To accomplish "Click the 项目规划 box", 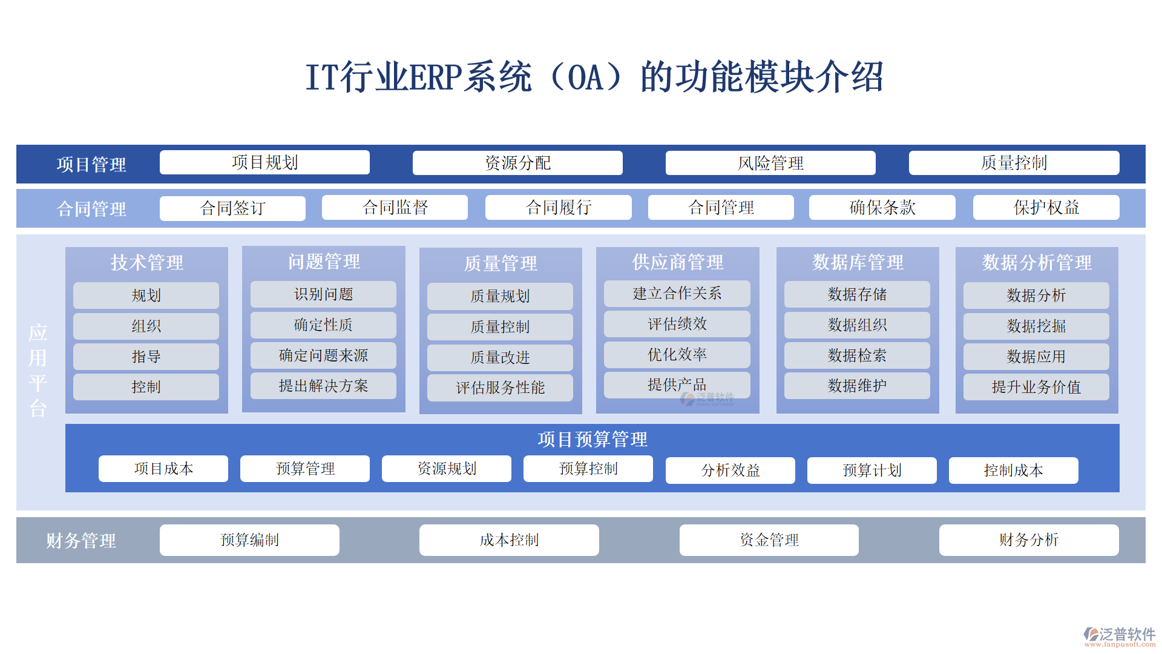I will (x=264, y=162).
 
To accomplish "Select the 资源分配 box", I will (x=517, y=163).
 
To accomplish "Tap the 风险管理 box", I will (x=770, y=163).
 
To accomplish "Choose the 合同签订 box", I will (x=232, y=208).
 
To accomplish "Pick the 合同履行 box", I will (x=558, y=208).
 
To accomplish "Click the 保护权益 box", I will (x=1046, y=208).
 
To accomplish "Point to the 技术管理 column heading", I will (x=146, y=262).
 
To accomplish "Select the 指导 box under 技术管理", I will (x=146, y=357).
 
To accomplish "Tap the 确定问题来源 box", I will (x=323, y=355).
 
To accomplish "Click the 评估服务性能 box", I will (x=500, y=388).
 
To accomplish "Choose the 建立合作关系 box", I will (x=677, y=294).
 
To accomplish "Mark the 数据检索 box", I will (x=857, y=355).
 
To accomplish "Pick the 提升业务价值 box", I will (x=1036, y=387).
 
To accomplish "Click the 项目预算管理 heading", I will (x=592, y=439).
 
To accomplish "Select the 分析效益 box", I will (x=730, y=471).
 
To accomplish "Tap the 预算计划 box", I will (x=871, y=471).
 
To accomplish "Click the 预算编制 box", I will (x=249, y=540).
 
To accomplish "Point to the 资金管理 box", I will (x=769, y=540).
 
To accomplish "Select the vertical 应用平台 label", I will (x=38, y=370).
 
